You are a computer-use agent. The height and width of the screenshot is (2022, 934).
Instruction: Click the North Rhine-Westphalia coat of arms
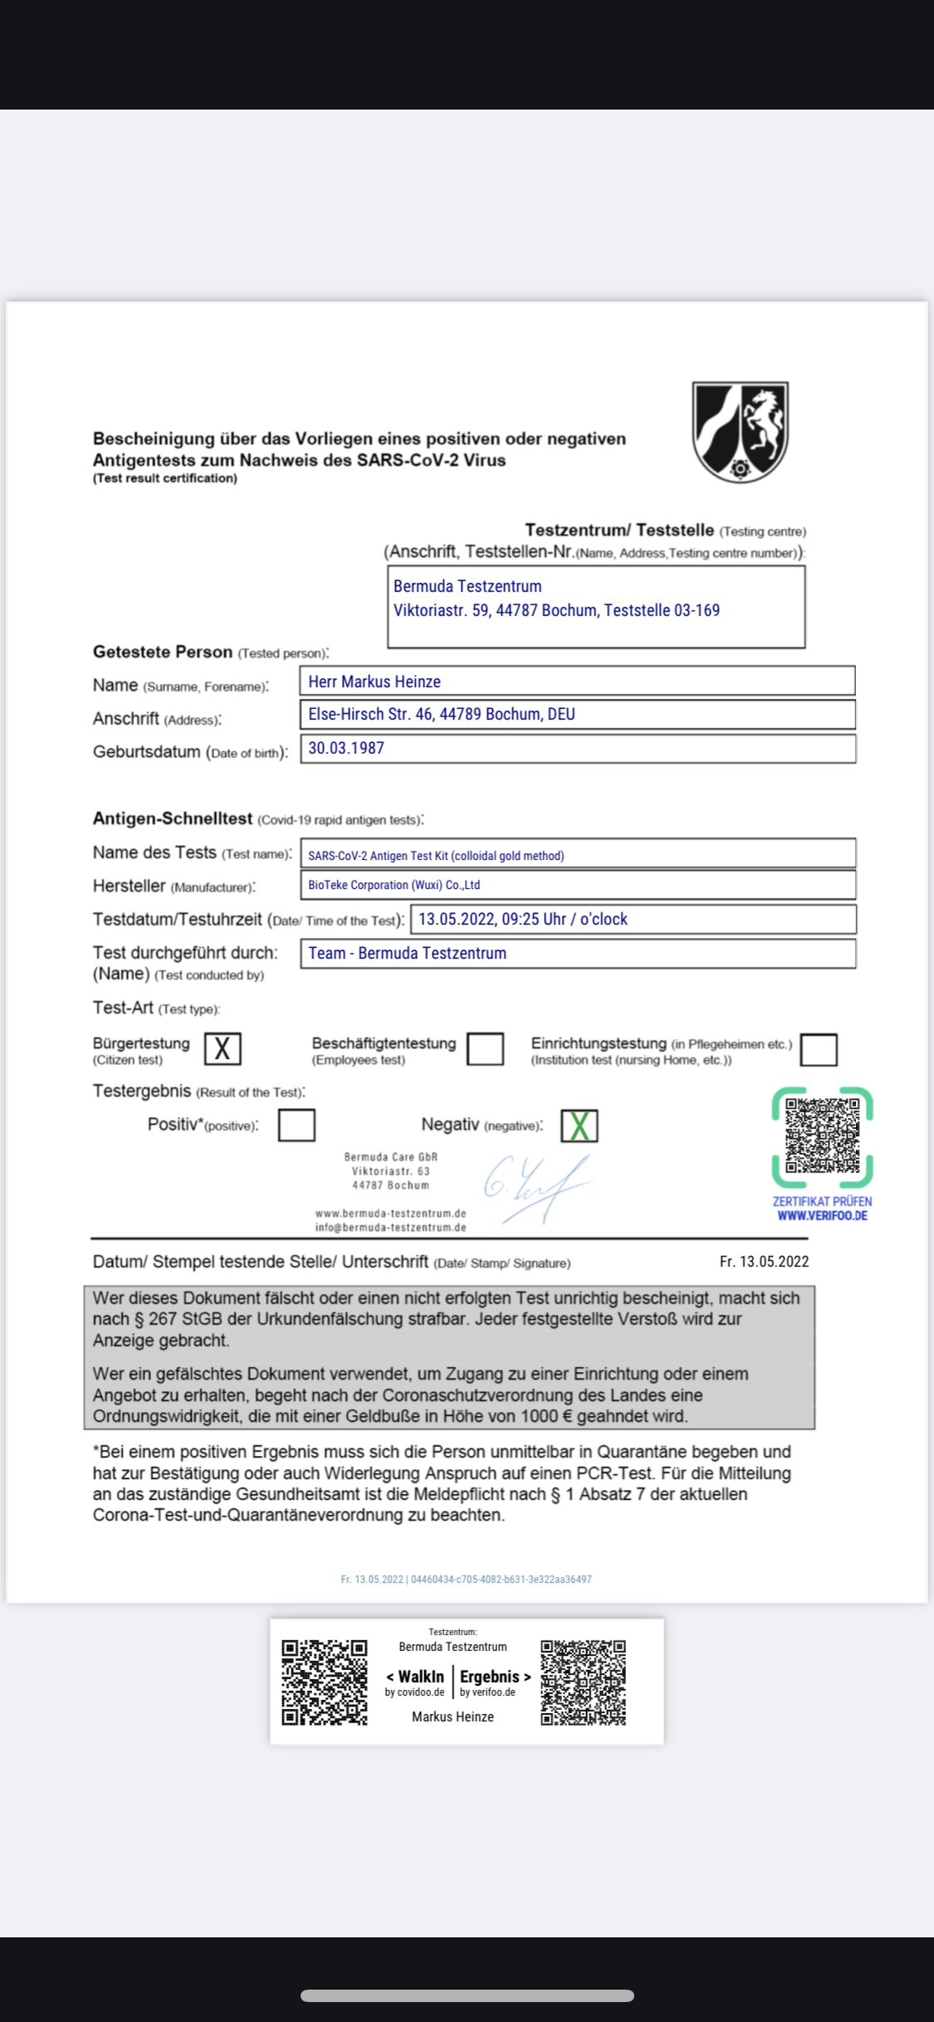tap(740, 432)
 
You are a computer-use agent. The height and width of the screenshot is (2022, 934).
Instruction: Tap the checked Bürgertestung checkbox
tap(222, 1048)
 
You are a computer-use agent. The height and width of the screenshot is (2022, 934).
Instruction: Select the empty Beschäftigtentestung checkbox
tap(486, 1048)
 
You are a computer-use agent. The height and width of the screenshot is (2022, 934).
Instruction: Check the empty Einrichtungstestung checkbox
tap(819, 1049)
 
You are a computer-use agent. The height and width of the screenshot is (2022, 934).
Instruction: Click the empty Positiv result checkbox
tap(296, 1125)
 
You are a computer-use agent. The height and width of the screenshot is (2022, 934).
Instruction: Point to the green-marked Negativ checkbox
tap(579, 1126)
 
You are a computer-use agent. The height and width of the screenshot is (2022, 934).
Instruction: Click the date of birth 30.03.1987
tap(346, 748)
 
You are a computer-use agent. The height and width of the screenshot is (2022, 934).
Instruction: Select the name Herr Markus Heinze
tap(374, 681)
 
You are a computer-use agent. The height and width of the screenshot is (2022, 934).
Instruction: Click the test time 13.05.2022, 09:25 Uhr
tap(522, 919)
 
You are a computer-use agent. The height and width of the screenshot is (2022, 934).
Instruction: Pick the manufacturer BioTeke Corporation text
tap(394, 885)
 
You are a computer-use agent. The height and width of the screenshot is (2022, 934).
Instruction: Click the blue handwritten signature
tap(535, 1187)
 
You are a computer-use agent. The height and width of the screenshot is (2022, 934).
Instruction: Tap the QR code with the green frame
tap(822, 1136)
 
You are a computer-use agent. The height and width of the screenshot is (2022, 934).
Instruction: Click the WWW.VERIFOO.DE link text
tap(822, 1216)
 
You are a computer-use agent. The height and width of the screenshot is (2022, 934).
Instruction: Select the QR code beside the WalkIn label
tap(325, 1683)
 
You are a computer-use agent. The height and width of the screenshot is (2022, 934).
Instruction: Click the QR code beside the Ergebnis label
tap(584, 1683)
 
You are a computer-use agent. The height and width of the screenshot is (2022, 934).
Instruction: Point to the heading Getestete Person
tap(163, 652)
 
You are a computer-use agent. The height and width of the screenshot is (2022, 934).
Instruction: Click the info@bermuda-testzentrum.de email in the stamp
tap(390, 1228)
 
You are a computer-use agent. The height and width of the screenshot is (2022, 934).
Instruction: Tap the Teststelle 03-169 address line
tap(556, 610)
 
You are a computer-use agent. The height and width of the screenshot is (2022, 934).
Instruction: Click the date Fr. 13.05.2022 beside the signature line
tap(764, 1262)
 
